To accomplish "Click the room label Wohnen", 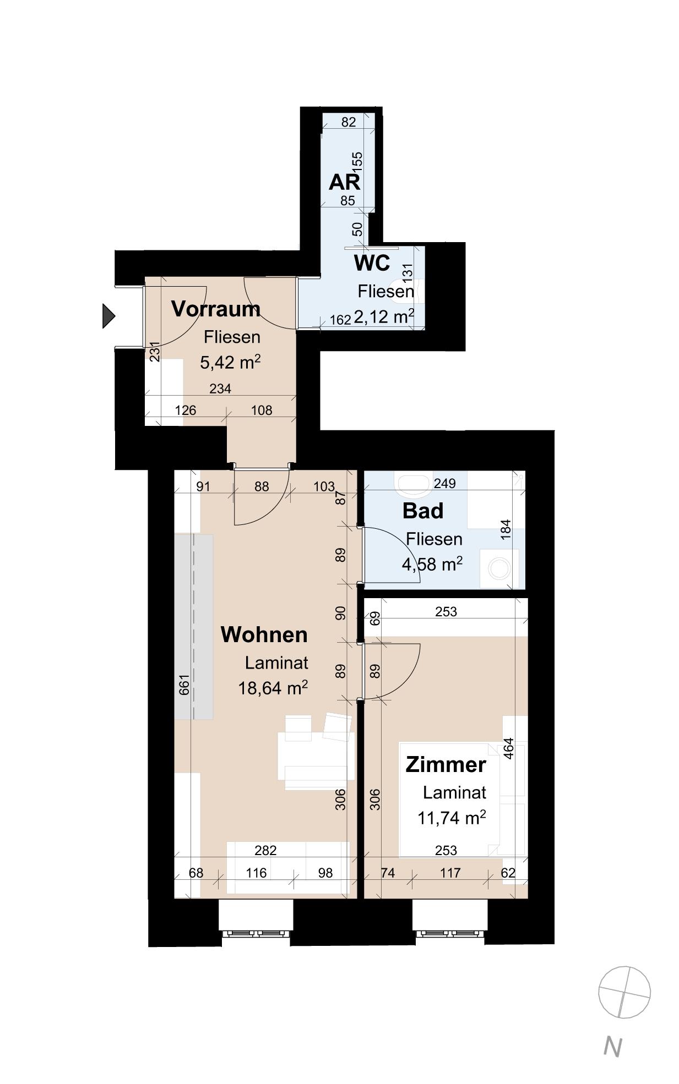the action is click(x=264, y=634).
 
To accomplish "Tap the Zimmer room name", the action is click(x=446, y=764).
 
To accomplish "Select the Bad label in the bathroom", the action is click(x=422, y=511).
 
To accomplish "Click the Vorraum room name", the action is click(x=215, y=309).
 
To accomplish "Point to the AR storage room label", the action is click(x=344, y=182).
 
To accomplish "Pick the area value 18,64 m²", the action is click(x=273, y=688).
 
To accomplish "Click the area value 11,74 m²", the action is click(x=452, y=818).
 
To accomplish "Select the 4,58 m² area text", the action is click(x=432, y=564).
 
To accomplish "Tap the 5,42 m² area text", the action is click(x=230, y=362).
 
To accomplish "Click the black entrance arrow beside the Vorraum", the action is click(x=108, y=316).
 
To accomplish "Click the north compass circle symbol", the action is click(x=624, y=992).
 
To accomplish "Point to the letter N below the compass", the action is click(x=612, y=1047).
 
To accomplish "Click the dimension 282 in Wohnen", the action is click(x=265, y=850).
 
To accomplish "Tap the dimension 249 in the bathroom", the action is click(x=444, y=483).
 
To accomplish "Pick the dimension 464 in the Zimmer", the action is click(x=508, y=748).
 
